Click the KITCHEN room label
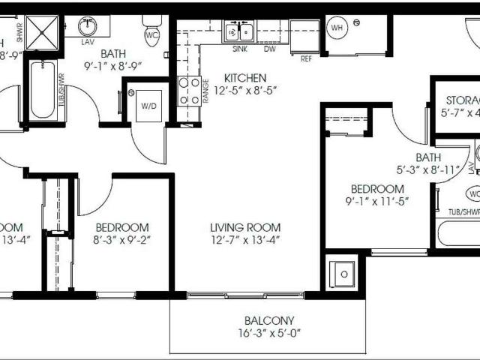(x=245, y=77)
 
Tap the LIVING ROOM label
(x=245, y=227)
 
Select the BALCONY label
(x=268, y=319)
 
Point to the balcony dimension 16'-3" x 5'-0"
(x=268, y=333)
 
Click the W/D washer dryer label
(x=147, y=105)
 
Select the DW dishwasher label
(x=269, y=49)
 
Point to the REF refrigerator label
(x=306, y=58)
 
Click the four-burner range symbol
(x=188, y=90)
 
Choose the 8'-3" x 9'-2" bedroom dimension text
(x=121, y=240)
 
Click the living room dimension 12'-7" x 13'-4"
(x=245, y=240)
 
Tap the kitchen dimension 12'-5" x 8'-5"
(x=245, y=90)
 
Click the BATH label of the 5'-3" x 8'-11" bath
(x=428, y=157)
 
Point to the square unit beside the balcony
(x=343, y=273)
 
